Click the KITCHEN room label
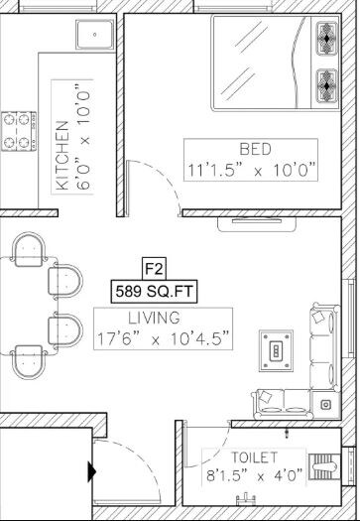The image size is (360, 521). click(x=61, y=156)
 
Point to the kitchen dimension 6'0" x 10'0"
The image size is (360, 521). click(x=83, y=139)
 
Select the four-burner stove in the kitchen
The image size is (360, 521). click(x=17, y=129)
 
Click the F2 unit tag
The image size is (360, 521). click(x=153, y=268)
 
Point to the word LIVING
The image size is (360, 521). click(x=154, y=319)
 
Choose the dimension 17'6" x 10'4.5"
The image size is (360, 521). click(x=164, y=339)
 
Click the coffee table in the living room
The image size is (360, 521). click(x=276, y=349)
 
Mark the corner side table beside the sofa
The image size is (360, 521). click(x=326, y=402)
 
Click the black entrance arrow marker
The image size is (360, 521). click(x=92, y=472)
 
